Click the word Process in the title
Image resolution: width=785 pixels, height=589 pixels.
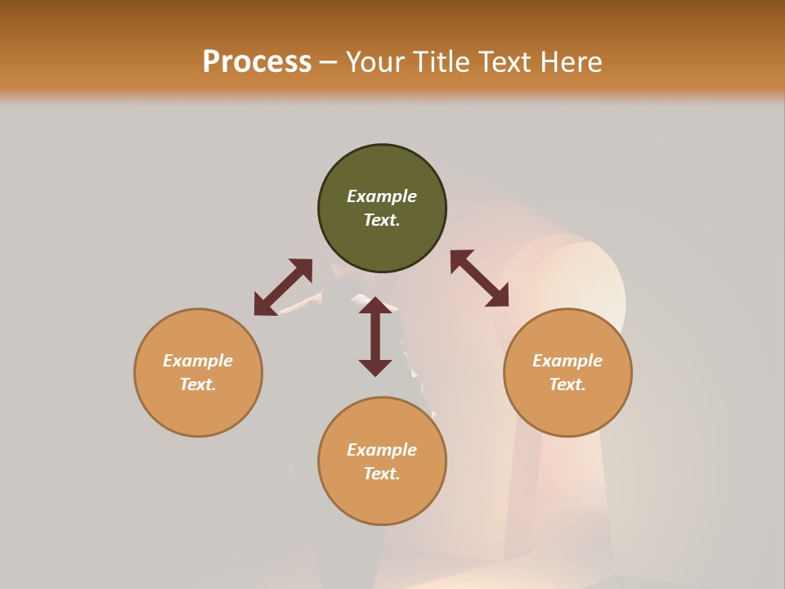click(x=257, y=62)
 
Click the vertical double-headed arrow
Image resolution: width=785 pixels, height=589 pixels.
click(x=375, y=336)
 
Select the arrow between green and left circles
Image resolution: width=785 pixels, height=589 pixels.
click(x=283, y=287)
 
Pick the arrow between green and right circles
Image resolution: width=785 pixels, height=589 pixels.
click(x=479, y=278)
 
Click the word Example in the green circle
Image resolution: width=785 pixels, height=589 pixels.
click(x=382, y=196)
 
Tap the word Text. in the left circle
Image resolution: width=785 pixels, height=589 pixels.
click(x=198, y=384)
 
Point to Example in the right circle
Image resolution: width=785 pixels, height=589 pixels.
click(x=567, y=361)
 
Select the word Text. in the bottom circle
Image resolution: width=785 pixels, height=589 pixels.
click(x=382, y=474)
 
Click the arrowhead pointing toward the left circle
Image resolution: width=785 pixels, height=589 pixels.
click(x=264, y=305)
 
